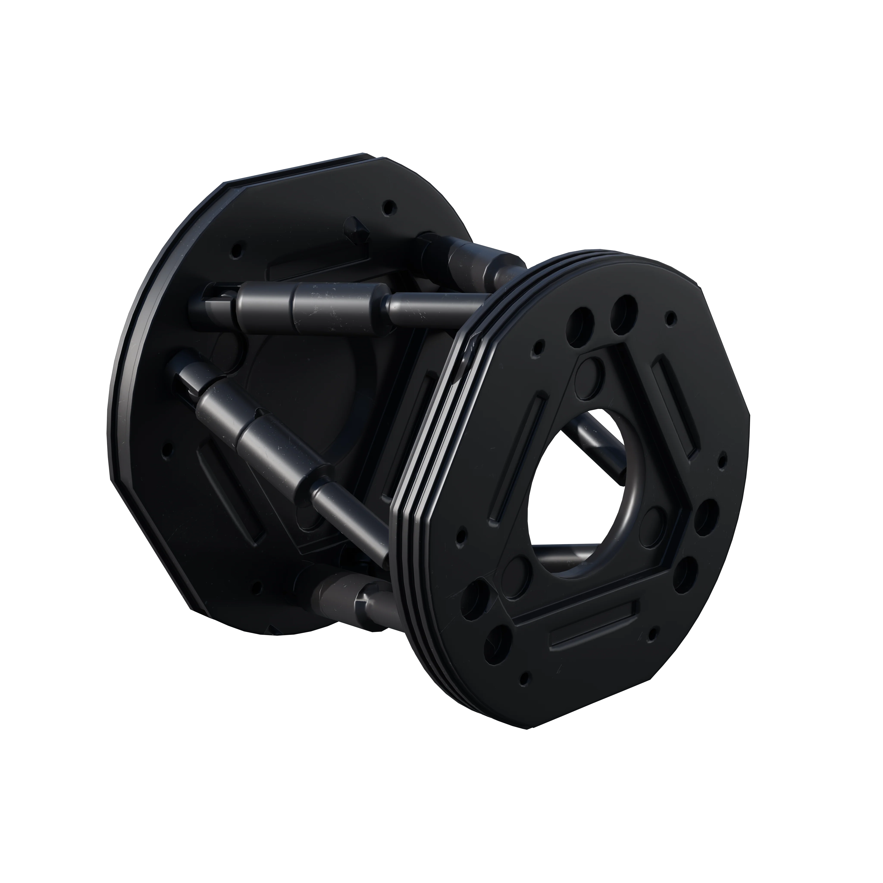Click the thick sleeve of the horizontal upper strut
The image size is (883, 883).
338,307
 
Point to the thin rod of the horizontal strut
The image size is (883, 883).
434,307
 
